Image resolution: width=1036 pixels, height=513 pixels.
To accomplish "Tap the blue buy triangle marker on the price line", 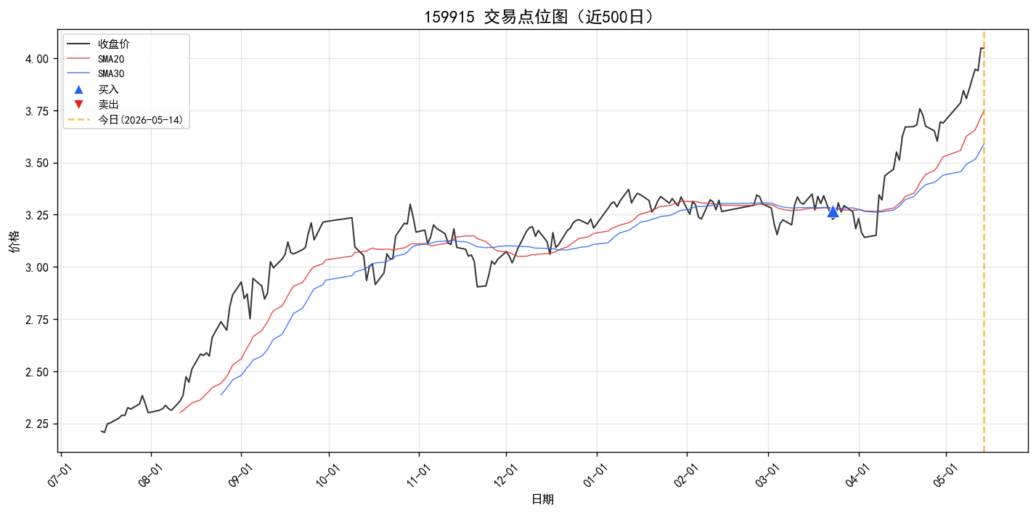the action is pyautogui.click(x=833, y=211).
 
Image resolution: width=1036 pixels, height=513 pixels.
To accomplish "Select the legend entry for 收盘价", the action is pyautogui.click(x=98, y=44).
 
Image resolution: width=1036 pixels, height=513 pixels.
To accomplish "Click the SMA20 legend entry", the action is pyautogui.click(x=96, y=59).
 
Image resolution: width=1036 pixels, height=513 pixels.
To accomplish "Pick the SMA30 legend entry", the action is pyautogui.click(x=96, y=73).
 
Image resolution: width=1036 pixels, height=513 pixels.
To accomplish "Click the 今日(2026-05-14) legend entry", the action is pyautogui.click(x=126, y=120).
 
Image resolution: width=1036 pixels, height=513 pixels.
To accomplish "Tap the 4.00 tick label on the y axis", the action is pyautogui.click(x=36, y=59).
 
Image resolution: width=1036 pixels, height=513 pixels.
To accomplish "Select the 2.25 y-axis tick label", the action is pyautogui.click(x=36, y=424).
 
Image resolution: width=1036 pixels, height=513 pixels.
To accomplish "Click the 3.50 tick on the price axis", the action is pyautogui.click(x=36, y=163).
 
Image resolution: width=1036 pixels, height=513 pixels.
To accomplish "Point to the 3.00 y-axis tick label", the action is pyautogui.click(x=36, y=267).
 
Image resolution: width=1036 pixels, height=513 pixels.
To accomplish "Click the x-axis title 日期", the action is pyautogui.click(x=542, y=499).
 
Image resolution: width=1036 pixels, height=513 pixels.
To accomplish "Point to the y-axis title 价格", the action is pyautogui.click(x=15, y=241).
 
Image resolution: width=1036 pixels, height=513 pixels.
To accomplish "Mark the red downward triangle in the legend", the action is pyautogui.click(x=78, y=105).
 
